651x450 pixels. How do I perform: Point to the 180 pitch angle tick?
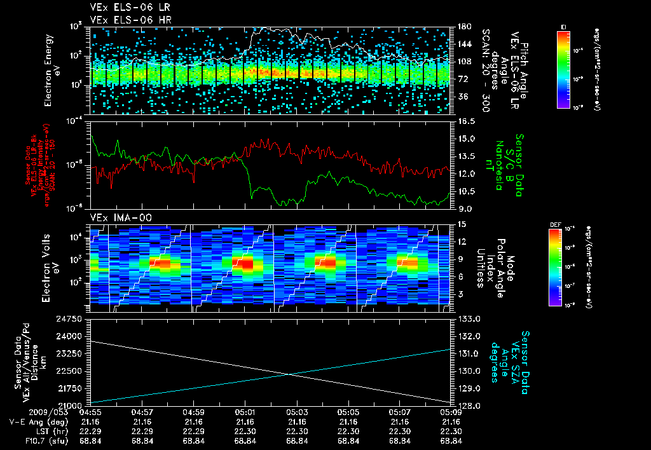pyautogui.click(x=463, y=27)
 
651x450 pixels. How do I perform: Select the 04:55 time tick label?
pyautogui.click(x=90, y=411)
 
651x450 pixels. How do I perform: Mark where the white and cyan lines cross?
pyautogui.click(x=290, y=374)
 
